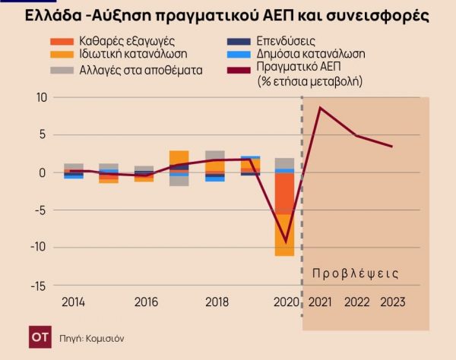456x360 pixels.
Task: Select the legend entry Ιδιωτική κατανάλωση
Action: (132, 54)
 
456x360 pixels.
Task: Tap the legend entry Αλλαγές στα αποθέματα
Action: (141, 69)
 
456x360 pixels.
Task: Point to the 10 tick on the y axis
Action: (40, 98)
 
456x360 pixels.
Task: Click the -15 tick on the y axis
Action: (38, 285)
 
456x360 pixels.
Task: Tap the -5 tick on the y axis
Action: (41, 210)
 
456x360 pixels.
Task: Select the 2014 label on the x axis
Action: (74, 302)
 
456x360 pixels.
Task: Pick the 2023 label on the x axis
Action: (391, 302)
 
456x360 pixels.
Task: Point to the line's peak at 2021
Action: (321, 108)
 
